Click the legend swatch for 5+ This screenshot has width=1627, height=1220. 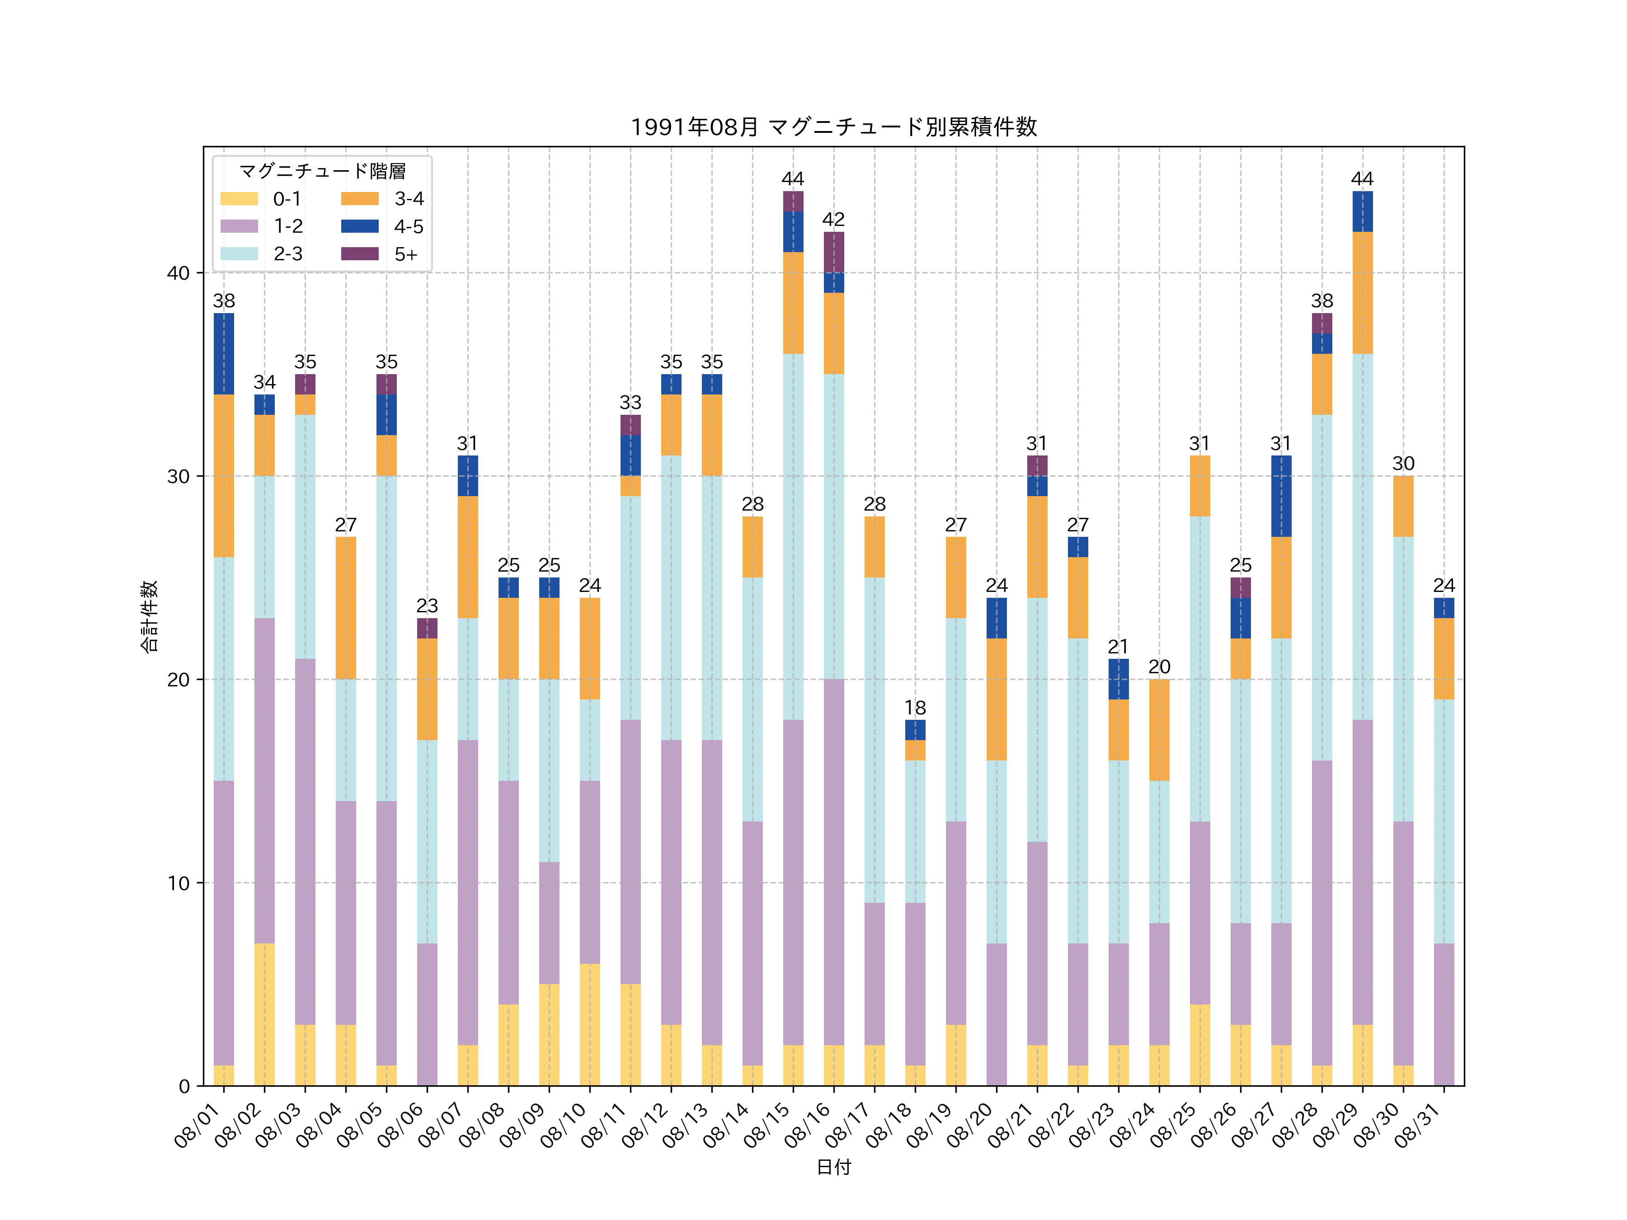click(360, 253)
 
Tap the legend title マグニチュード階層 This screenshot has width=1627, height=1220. click(322, 171)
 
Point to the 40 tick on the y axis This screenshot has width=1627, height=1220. click(178, 273)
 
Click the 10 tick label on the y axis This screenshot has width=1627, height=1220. click(178, 883)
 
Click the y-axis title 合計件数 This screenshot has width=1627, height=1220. click(149, 616)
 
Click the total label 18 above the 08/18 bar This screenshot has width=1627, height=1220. click(915, 708)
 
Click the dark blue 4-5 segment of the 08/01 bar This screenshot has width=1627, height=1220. click(224, 354)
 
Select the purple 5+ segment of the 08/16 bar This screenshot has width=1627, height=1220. click(833, 252)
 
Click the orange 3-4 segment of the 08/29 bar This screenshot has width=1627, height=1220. click(1362, 293)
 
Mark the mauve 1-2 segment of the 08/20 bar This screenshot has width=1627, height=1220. click(996, 1015)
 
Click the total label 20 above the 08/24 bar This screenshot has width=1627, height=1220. click(1159, 667)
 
